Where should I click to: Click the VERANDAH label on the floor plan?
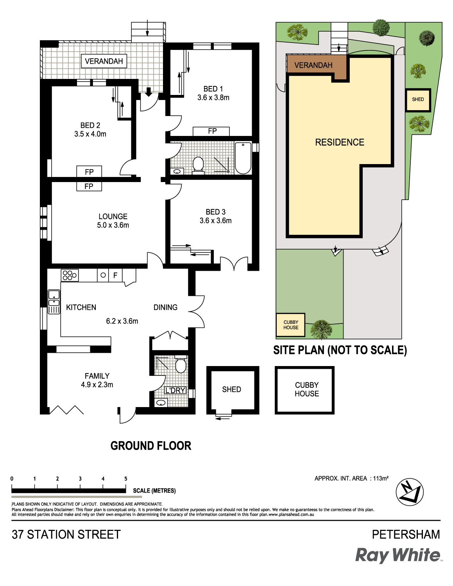[104, 61]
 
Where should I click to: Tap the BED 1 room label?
[213, 89]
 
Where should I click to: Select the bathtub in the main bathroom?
[243, 158]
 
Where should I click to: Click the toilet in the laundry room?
[181, 364]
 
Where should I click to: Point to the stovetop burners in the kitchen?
[70, 275]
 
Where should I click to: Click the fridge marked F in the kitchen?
[115, 275]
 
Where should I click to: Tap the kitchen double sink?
[54, 302]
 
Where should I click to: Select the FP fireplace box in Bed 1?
[211, 131]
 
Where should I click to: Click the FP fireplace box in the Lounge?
[89, 186]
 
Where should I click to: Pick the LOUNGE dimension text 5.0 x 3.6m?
[113, 225]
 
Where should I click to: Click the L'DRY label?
[175, 390]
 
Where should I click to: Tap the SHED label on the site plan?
[418, 99]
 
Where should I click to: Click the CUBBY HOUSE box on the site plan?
[290, 325]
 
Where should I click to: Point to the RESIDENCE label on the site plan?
[340, 142]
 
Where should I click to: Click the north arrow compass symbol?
[410, 492]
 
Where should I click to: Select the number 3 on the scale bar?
[80, 479]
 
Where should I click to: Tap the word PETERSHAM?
[406, 534]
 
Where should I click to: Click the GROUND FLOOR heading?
[151, 446]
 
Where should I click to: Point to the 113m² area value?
[381, 478]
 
